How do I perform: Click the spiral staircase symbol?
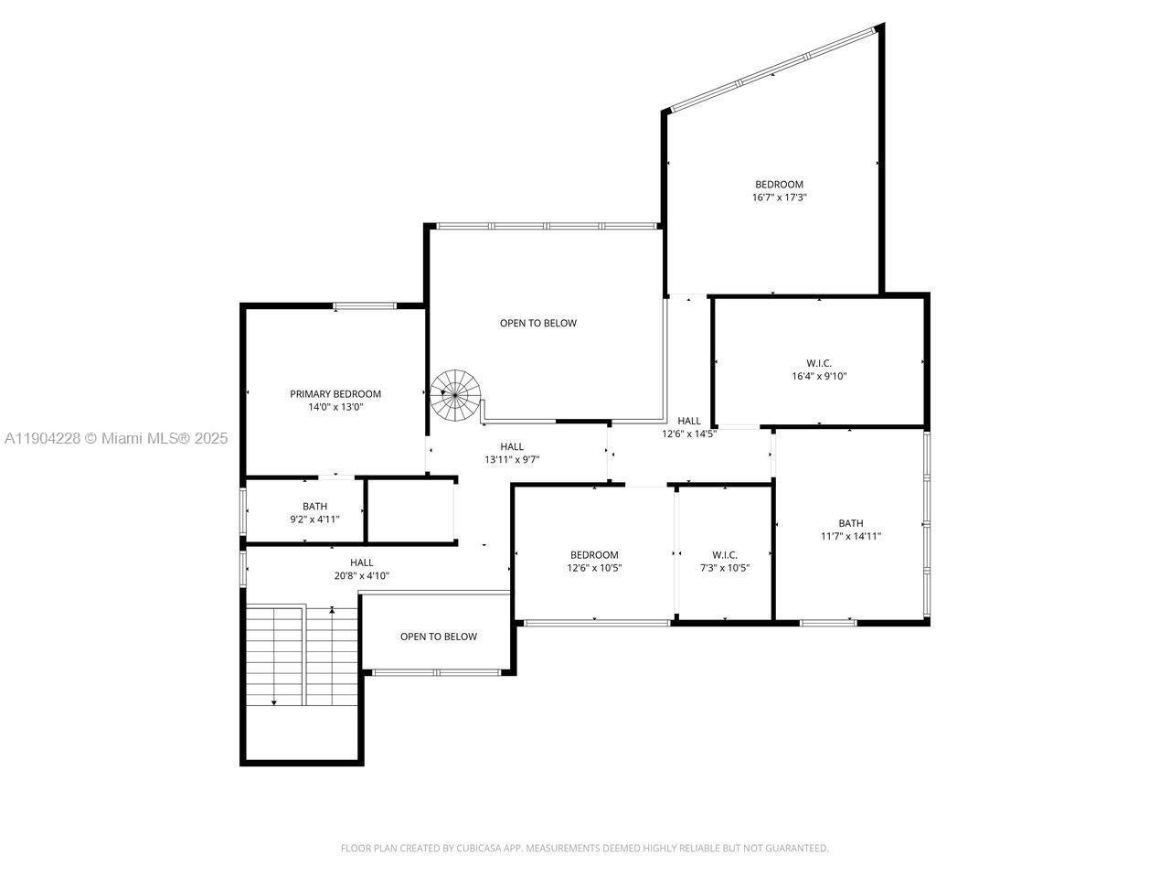[x=455, y=395]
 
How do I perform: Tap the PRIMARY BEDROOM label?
[x=335, y=394]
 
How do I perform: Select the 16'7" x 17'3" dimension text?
[x=779, y=197]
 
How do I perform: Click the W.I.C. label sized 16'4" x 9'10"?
[x=819, y=363]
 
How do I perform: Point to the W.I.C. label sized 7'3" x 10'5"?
[x=725, y=554]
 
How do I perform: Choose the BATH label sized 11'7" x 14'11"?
[x=850, y=524]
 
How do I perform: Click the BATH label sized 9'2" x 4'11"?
[x=314, y=506]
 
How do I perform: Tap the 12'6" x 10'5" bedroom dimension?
[x=594, y=567]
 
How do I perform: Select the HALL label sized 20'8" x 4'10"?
[x=361, y=562]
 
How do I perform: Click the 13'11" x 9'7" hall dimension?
[x=512, y=460]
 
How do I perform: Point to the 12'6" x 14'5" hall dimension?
[x=689, y=434]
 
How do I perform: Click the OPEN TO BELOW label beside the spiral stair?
[x=538, y=323]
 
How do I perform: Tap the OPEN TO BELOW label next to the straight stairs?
[x=438, y=637]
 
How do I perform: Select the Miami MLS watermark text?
[x=116, y=438]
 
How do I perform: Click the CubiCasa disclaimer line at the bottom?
[x=584, y=848]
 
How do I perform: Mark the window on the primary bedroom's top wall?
[x=365, y=305]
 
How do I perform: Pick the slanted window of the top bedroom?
[x=773, y=70]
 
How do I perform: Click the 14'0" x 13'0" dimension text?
[x=335, y=407]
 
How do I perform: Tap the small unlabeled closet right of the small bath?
[x=410, y=510]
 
